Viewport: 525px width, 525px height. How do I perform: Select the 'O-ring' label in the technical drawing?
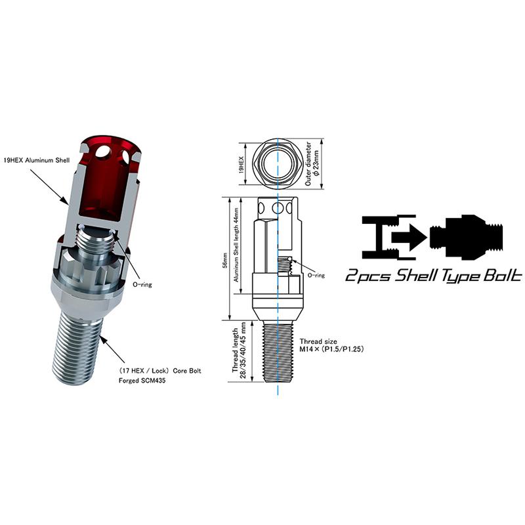(x=316, y=276)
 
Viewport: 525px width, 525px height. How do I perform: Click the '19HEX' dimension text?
(x=241, y=159)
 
